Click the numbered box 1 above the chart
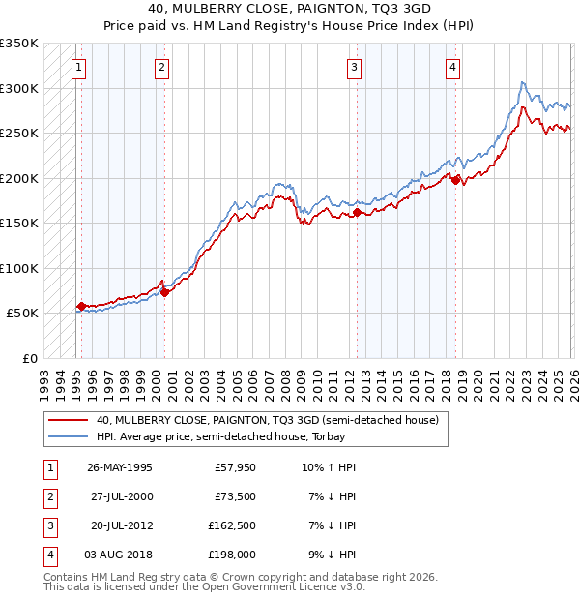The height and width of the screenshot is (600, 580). (78, 67)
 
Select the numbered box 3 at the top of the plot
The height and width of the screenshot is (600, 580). (355, 67)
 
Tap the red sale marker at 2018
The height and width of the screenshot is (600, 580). (455, 179)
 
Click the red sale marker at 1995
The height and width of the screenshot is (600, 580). (81, 306)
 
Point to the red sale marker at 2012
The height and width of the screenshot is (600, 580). (358, 212)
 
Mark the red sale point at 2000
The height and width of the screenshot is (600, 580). (164, 291)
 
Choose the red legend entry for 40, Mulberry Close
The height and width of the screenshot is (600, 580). (267, 420)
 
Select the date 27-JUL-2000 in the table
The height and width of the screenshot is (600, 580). (120, 495)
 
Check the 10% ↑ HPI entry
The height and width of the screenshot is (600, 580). (329, 467)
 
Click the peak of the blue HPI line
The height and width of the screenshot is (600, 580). (522, 82)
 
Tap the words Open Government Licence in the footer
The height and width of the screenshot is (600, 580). (279, 586)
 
